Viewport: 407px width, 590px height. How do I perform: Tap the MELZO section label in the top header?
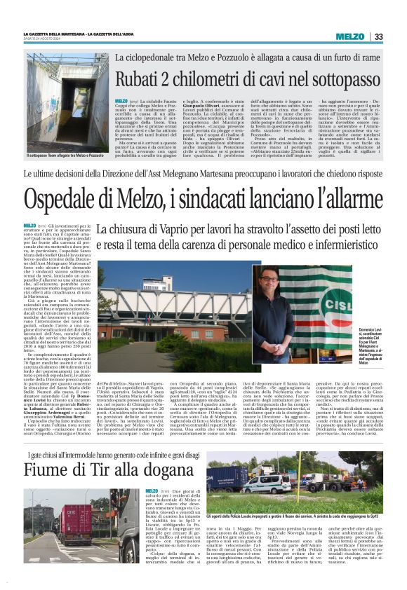(349, 36)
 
